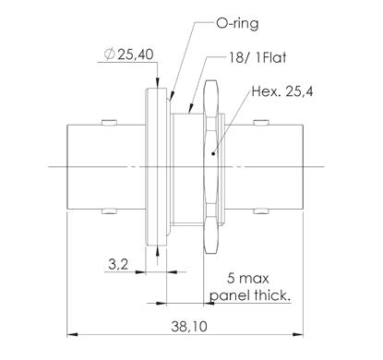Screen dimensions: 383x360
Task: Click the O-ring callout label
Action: pyautogui.click(x=237, y=24)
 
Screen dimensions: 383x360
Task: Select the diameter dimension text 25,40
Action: pyautogui.click(x=136, y=54)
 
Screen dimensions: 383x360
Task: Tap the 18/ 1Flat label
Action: pyautogui.click(x=257, y=57)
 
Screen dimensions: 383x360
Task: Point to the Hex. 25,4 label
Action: pyautogui.click(x=282, y=91)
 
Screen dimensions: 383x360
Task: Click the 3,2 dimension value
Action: pyautogui.click(x=118, y=264)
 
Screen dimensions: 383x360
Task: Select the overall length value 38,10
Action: pyautogui.click(x=189, y=327)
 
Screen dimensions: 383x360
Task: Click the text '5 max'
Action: pyautogui.click(x=248, y=279)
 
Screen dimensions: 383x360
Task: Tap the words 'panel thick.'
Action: pyautogui.click(x=250, y=295)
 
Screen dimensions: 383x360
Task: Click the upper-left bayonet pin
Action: pyautogui.click(x=109, y=123)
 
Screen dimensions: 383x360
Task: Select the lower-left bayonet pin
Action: pyautogui.click(x=109, y=211)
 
